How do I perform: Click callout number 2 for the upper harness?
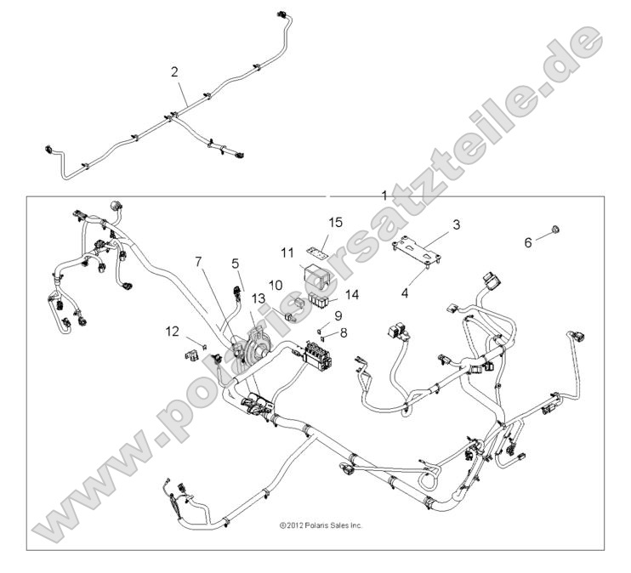tap(174, 72)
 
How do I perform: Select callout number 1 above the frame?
tap(384, 195)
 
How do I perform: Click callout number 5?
tap(236, 264)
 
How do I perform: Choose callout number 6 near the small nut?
tap(526, 242)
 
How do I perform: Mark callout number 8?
tap(344, 333)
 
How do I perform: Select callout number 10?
tap(276, 285)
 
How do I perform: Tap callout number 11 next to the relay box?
tap(287, 252)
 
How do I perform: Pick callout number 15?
tap(336, 223)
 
